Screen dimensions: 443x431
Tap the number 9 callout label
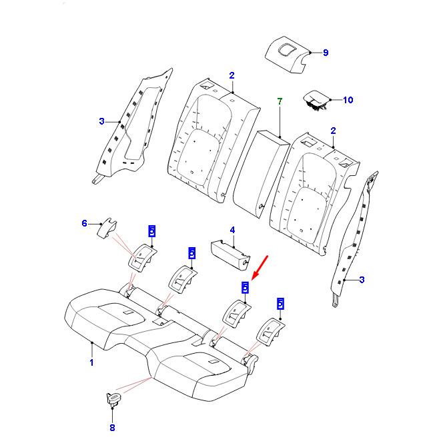pos(326,53)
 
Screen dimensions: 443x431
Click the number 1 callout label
pos(91,362)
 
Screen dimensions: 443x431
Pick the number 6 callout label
pos(85,223)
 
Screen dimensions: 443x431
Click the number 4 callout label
pos(232,230)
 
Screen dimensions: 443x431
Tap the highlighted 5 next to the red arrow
pos(245,287)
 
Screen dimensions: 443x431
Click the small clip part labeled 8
pos(112,400)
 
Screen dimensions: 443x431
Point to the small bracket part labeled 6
pos(105,228)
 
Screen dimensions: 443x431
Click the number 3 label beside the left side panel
pos(101,121)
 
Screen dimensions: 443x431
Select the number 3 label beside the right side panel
pos(362,280)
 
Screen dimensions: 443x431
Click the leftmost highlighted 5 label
pos(151,231)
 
